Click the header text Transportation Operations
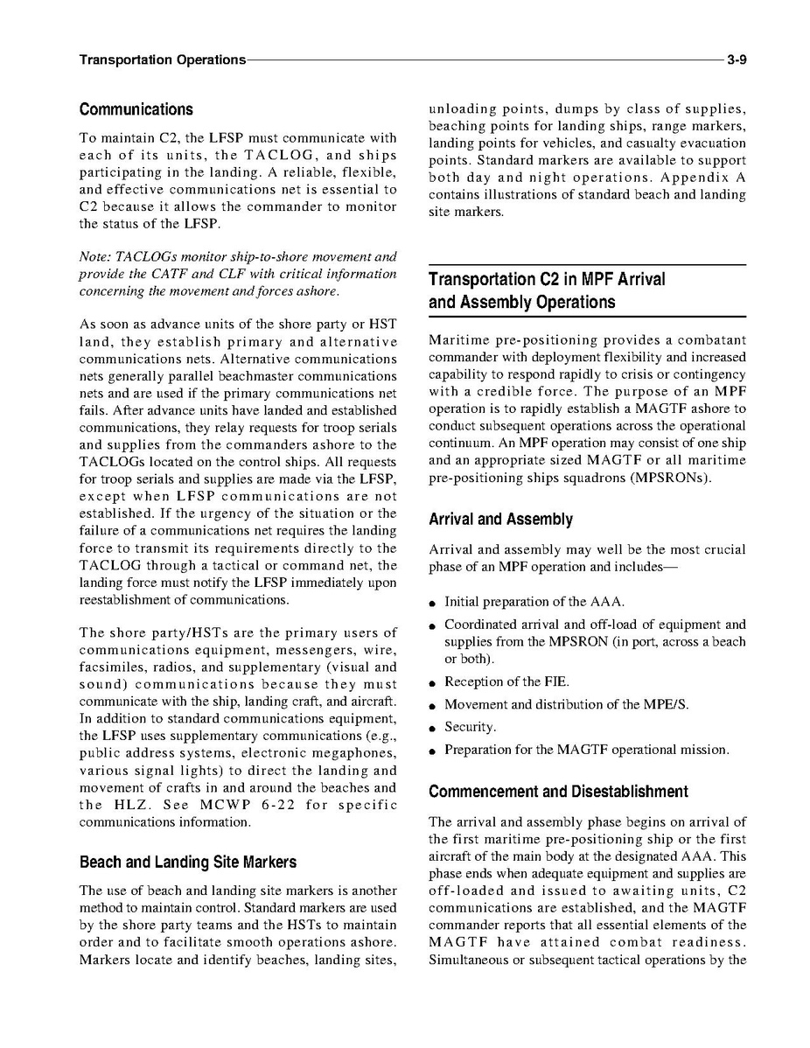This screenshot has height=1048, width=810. coord(162,59)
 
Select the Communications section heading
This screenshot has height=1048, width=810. coord(136,110)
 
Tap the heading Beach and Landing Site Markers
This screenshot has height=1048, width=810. coord(187,863)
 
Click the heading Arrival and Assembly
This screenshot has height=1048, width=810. coord(500,520)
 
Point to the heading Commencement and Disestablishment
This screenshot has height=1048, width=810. coord(558,792)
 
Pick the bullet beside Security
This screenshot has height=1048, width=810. coord(433,728)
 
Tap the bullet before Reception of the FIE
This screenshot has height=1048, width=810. coord(433,682)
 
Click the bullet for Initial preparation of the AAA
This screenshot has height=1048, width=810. coord(433,603)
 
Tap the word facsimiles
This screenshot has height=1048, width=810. coord(110,667)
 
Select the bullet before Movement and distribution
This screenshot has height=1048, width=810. coord(433,705)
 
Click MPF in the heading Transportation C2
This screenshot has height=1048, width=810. coord(569,280)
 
